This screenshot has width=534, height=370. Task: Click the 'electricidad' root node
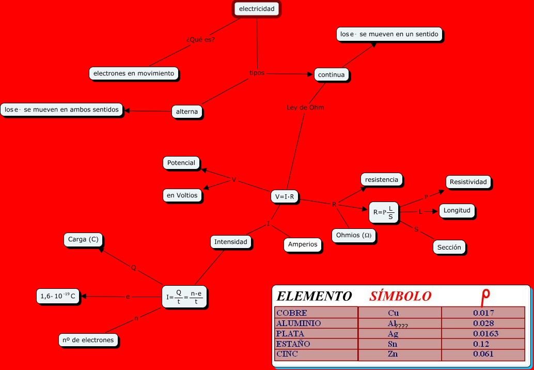(x=257, y=9)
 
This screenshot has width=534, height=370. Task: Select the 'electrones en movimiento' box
(x=134, y=73)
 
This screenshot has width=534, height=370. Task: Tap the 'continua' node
(x=331, y=75)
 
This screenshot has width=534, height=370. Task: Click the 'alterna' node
(x=187, y=112)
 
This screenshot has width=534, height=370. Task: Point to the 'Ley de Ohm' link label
(x=305, y=107)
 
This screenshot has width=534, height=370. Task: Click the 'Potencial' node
(x=181, y=163)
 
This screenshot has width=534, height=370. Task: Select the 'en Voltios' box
(x=182, y=195)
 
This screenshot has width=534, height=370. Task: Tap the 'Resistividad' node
(x=468, y=182)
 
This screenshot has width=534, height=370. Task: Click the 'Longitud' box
(x=457, y=211)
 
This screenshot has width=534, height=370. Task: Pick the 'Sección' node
(x=449, y=247)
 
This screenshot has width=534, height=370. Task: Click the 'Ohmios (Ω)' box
(x=353, y=235)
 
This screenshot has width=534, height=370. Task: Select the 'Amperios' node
(x=303, y=244)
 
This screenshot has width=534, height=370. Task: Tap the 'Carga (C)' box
(x=83, y=239)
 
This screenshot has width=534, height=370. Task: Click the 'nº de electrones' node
(x=88, y=340)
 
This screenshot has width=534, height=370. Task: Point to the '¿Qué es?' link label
(x=200, y=40)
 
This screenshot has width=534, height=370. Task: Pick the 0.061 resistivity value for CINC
(x=483, y=354)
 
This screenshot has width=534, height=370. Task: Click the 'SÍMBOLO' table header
(x=400, y=296)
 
